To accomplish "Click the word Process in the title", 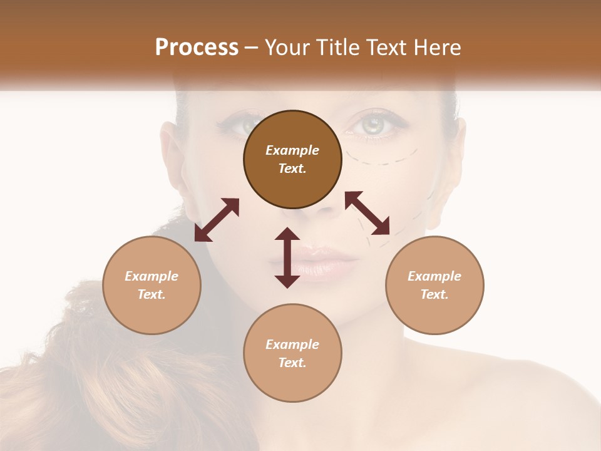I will pyautogui.click(x=197, y=47).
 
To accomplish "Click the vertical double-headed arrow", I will pyautogui.click(x=287, y=258).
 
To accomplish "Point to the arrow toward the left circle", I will pyautogui.click(x=217, y=220).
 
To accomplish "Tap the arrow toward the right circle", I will pyautogui.click(x=367, y=213).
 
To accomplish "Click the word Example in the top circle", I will pyautogui.click(x=292, y=150).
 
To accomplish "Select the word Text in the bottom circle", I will pyautogui.click(x=292, y=363).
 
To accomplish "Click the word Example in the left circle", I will pyautogui.click(x=152, y=276).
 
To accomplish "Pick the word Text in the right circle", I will pyautogui.click(x=434, y=294).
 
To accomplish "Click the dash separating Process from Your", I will pyautogui.click(x=251, y=48).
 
